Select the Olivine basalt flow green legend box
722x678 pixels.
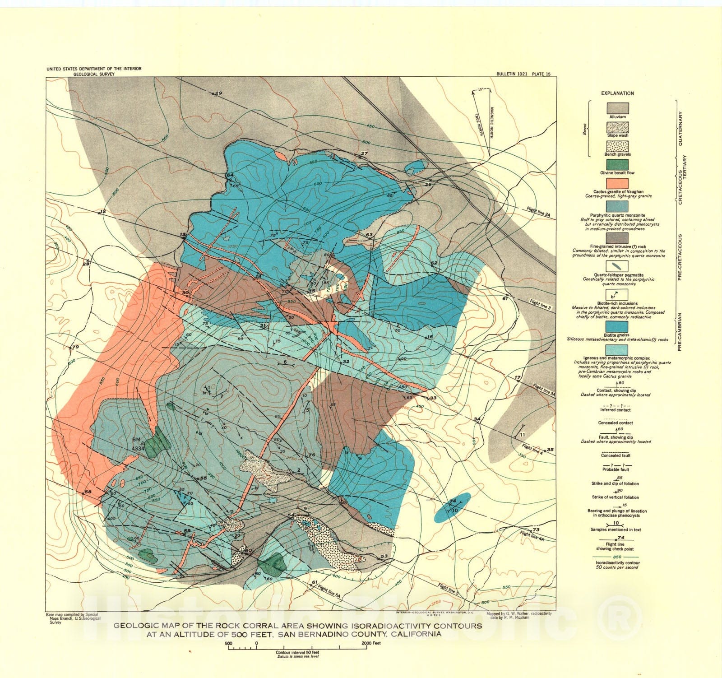[x=617, y=165]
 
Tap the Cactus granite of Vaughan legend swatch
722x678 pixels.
[x=617, y=184]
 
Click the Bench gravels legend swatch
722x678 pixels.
[x=617, y=146]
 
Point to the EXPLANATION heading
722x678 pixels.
[x=617, y=93]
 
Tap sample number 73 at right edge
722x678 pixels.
[x=536, y=530]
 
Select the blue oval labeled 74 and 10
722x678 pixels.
[x=453, y=508]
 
